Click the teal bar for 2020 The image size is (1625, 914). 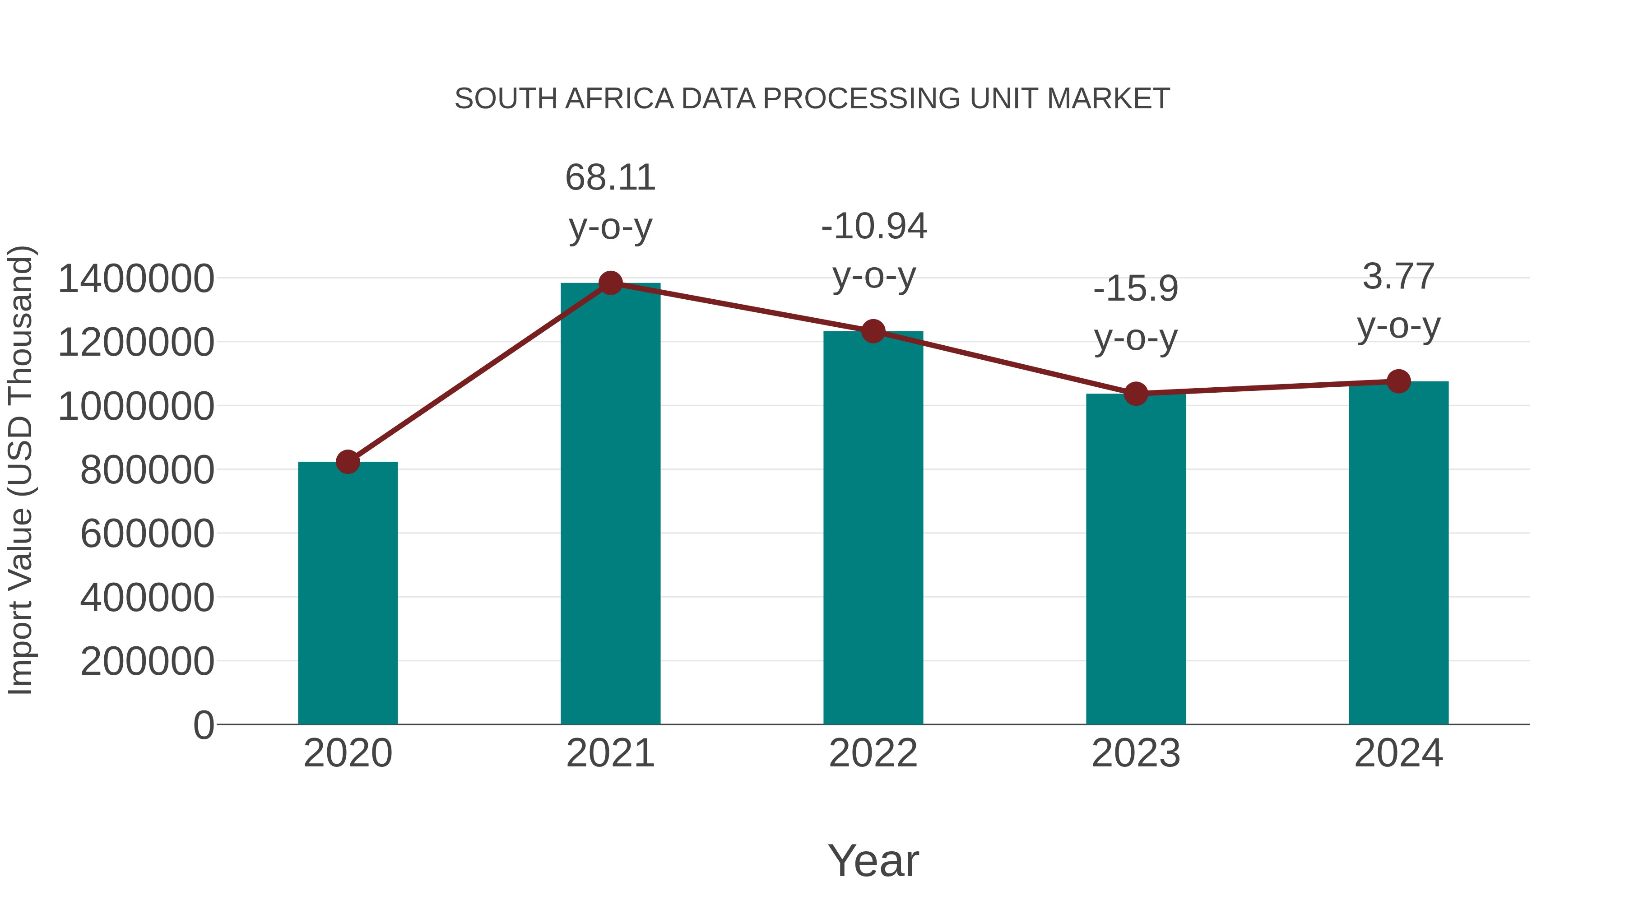click(348, 593)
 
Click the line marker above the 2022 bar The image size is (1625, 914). click(873, 331)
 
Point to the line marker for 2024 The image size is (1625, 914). click(1398, 381)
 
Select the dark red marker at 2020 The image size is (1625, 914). click(348, 462)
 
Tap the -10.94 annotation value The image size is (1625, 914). click(874, 227)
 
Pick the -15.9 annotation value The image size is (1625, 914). click(1136, 289)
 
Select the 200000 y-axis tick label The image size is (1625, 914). click(147, 662)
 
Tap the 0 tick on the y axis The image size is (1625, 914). click(203, 725)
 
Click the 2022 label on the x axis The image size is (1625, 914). click(873, 753)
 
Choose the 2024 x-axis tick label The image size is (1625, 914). click(1398, 753)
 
